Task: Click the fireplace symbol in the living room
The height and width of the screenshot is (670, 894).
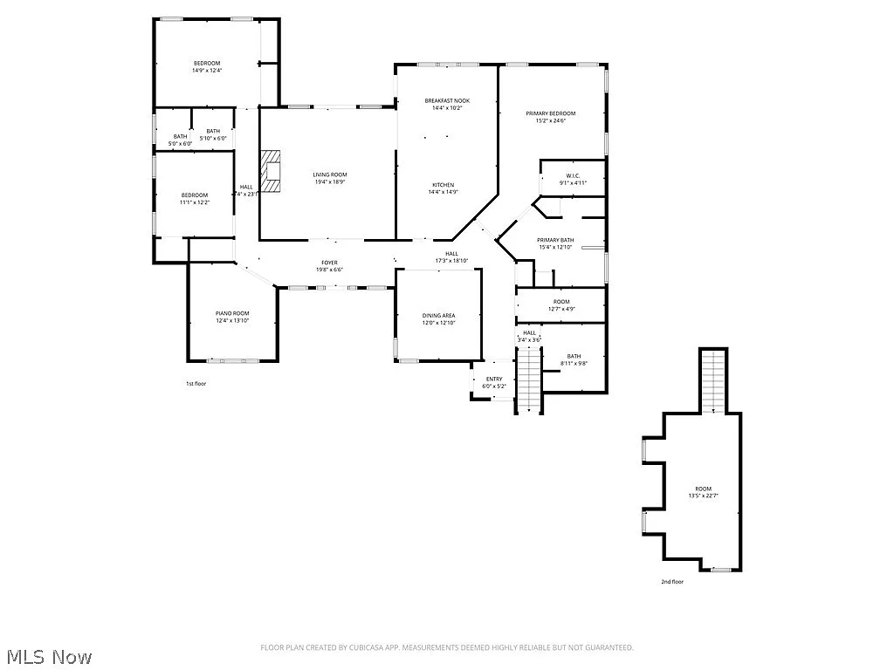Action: click(272, 171)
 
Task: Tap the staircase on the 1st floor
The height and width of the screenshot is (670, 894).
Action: click(529, 379)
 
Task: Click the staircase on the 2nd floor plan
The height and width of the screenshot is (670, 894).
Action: click(714, 380)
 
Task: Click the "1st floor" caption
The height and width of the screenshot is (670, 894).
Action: click(196, 383)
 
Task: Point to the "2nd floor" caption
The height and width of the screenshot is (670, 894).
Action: click(672, 581)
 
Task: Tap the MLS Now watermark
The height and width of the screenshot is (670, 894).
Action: click(47, 657)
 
